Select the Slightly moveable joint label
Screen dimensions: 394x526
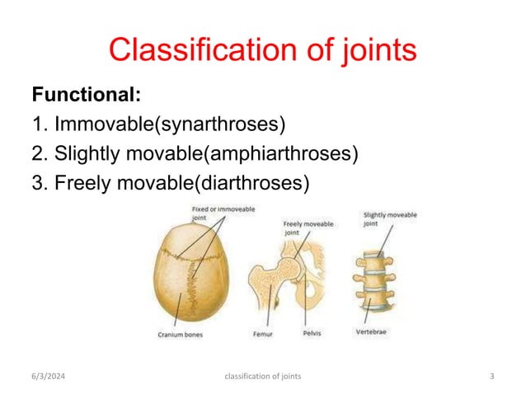(x=389, y=219)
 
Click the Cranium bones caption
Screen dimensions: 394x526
(x=181, y=335)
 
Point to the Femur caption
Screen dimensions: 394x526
(x=261, y=335)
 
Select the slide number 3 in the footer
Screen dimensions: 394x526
(x=491, y=377)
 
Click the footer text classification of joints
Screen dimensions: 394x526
(x=262, y=377)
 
